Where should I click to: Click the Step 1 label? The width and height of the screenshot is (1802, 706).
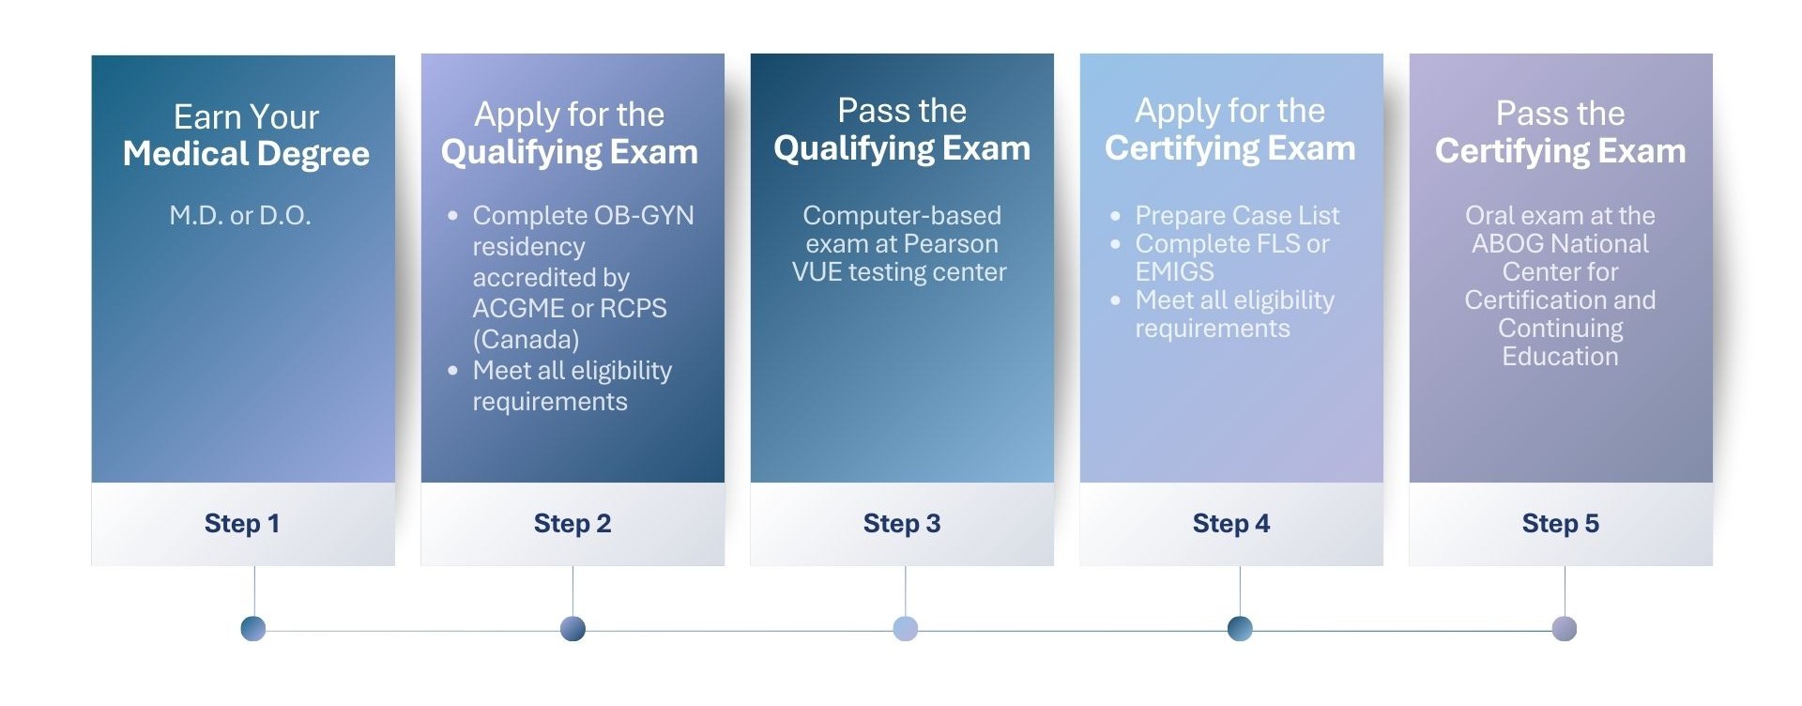[242, 524]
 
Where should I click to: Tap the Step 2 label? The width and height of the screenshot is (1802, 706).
[573, 524]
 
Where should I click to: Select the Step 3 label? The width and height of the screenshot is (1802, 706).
[902, 524]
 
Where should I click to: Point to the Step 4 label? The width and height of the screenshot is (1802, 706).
[1231, 524]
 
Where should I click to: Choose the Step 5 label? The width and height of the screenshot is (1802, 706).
[1561, 524]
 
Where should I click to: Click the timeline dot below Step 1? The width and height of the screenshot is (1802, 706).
[253, 629]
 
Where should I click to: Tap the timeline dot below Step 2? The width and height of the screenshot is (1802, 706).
[573, 629]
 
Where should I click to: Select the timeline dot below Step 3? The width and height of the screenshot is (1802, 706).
[906, 629]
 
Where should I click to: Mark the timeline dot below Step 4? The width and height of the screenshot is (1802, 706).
[1240, 629]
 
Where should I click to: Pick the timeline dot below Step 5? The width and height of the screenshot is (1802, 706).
[1565, 629]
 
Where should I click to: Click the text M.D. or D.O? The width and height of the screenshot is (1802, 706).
[240, 216]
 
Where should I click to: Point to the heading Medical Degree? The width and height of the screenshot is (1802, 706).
[246, 154]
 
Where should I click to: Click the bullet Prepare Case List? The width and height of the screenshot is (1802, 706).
[1237, 216]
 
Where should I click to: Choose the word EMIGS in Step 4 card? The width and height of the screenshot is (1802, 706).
[1174, 272]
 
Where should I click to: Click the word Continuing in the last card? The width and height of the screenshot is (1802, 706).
[1560, 329]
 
